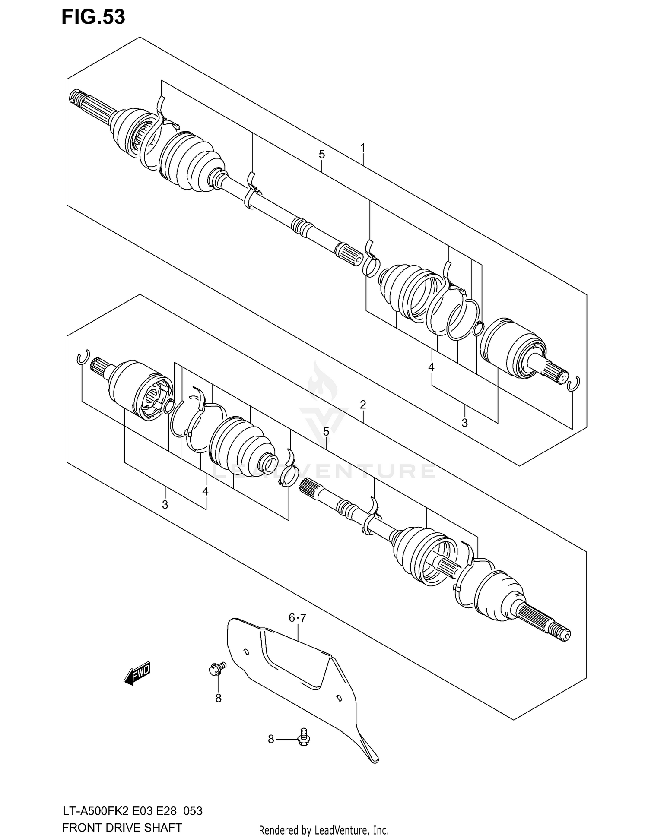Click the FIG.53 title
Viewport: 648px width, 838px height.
pyautogui.click(x=93, y=17)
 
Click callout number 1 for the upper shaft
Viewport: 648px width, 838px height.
pyautogui.click(x=363, y=148)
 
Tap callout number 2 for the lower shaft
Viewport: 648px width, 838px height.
pyautogui.click(x=363, y=405)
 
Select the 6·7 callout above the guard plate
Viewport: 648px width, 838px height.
pyautogui.click(x=297, y=618)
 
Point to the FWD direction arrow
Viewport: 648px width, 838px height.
pyautogui.click(x=137, y=673)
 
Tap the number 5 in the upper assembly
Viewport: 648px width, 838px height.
pyautogui.click(x=322, y=154)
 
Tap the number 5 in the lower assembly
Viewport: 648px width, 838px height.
pyautogui.click(x=326, y=431)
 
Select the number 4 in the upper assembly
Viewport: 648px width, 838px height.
pyautogui.click(x=431, y=367)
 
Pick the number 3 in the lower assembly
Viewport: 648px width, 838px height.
pyautogui.click(x=165, y=504)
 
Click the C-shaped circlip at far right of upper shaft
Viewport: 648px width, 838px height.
pyautogui.click(x=574, y=383)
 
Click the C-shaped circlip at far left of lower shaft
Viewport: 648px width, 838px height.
pyautogui.click(x=83, y=357)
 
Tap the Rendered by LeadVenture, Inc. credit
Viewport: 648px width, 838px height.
pyautogui.click(x=324, y=830)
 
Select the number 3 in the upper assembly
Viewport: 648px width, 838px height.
pyautogui.click(x=464, y=423)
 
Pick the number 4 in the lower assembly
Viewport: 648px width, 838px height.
pyautogui.click(x=205, y=491)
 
